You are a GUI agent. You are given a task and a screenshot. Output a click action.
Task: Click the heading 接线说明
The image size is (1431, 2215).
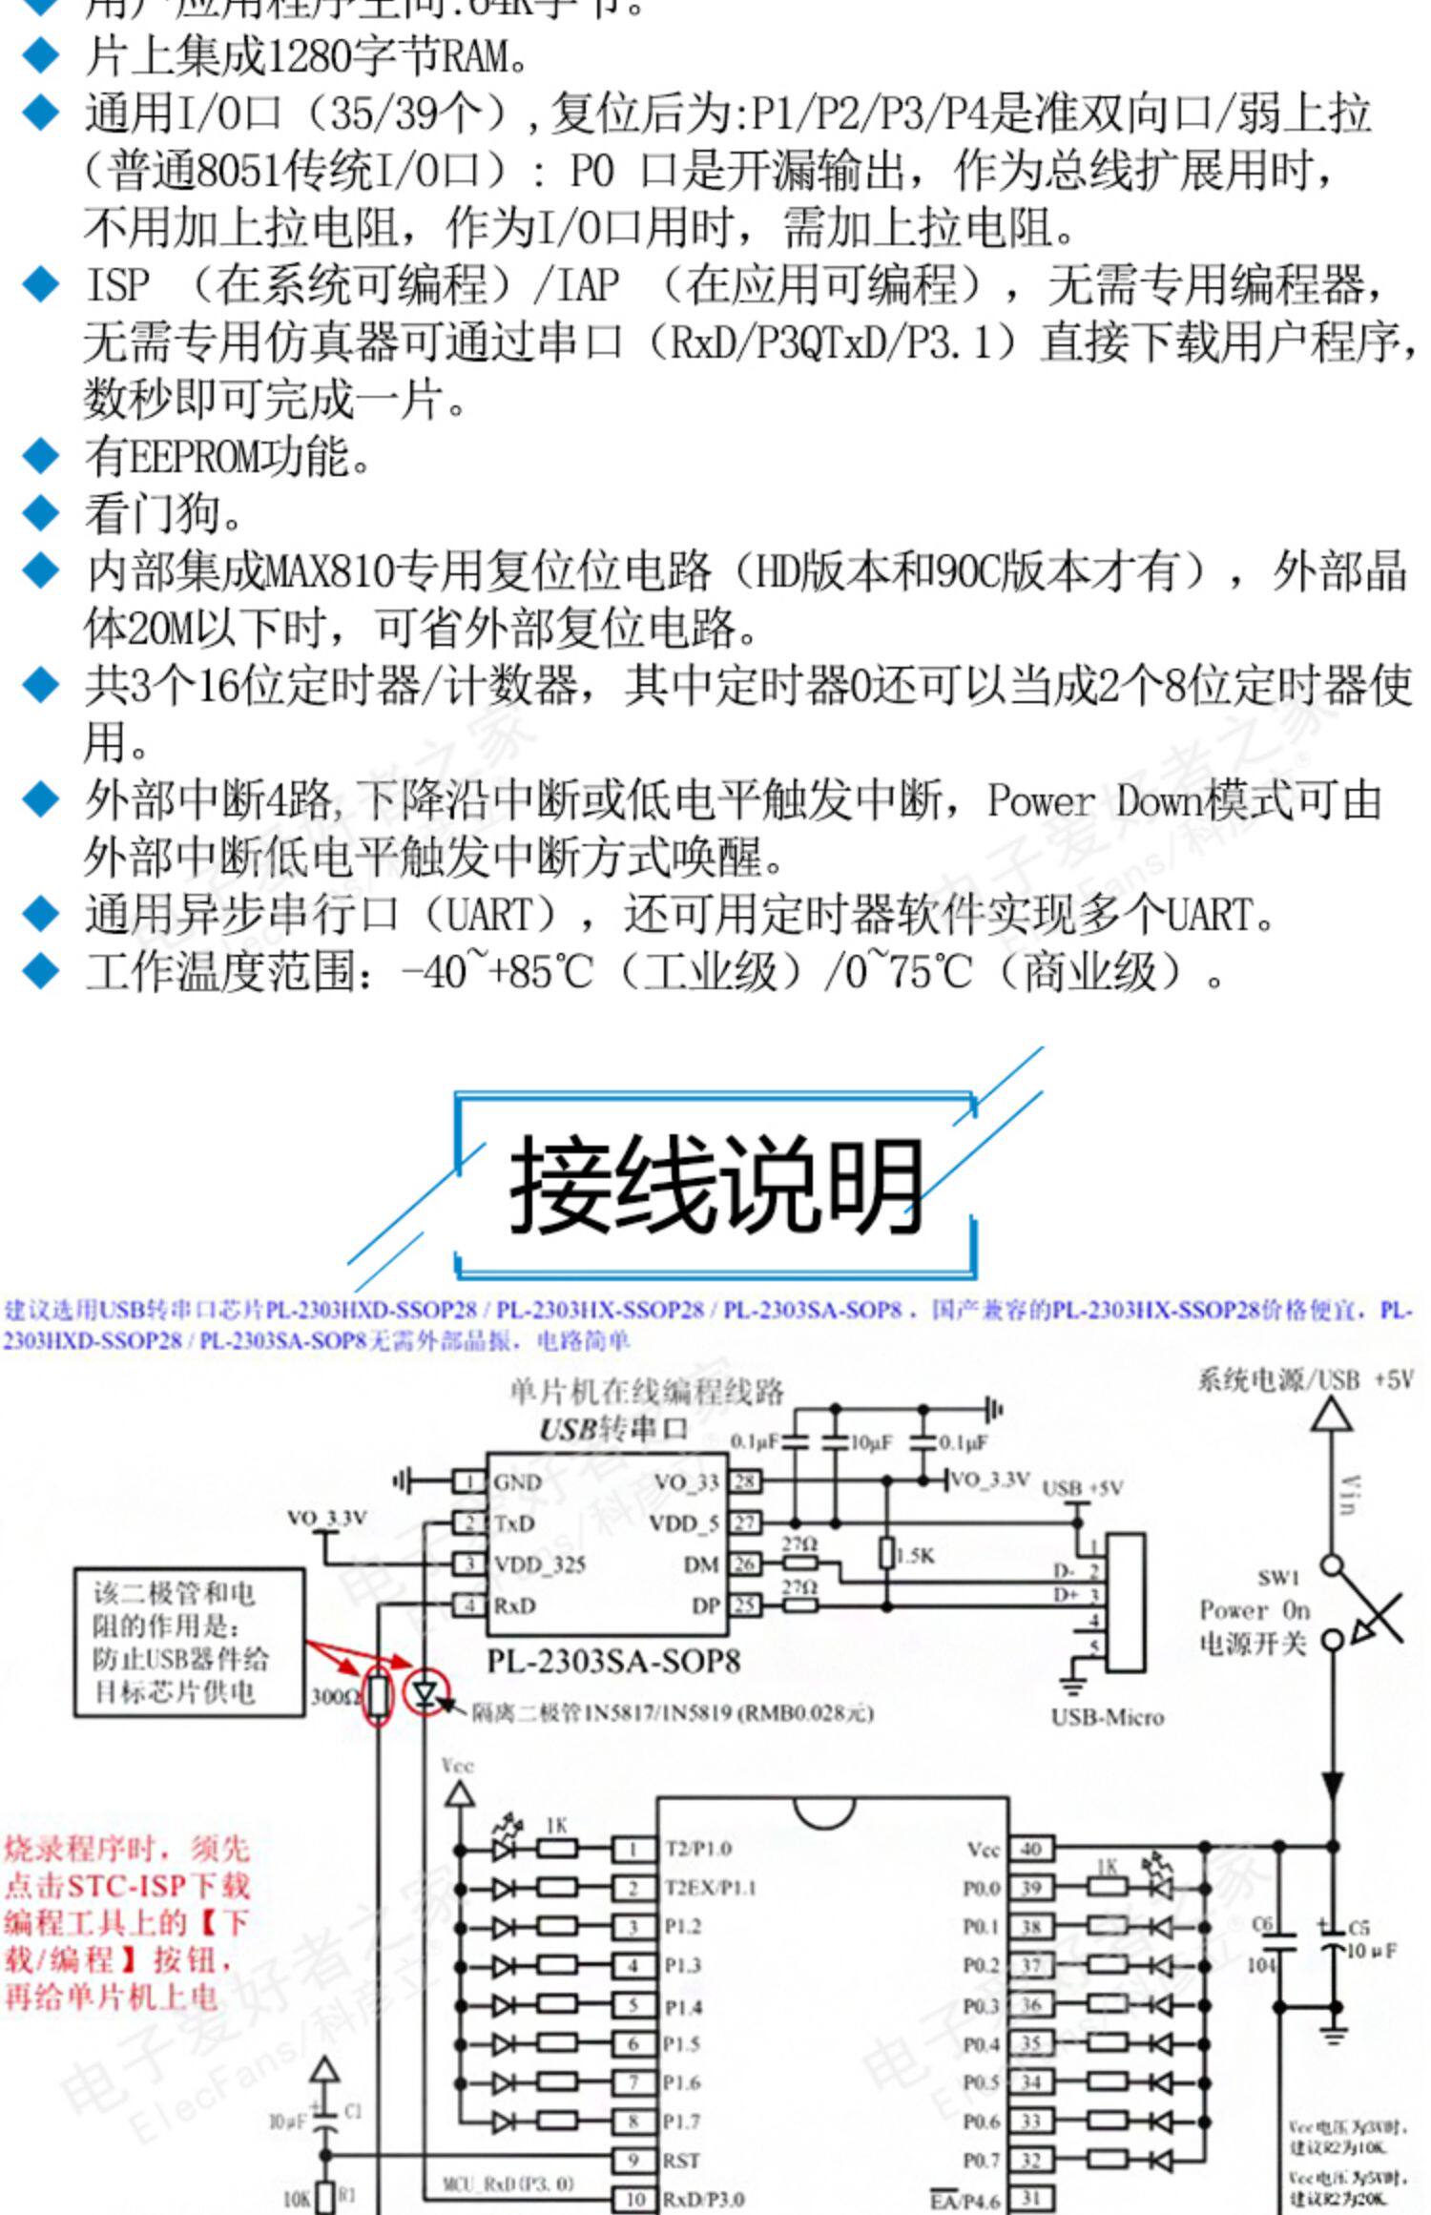pos(715,1186)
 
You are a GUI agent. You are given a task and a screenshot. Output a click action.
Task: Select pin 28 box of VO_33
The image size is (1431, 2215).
pos(744,1481)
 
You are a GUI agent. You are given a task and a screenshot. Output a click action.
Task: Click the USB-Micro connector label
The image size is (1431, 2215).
pos(1107,1717)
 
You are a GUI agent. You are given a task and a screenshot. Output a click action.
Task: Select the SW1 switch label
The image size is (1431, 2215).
pos(1277,1578)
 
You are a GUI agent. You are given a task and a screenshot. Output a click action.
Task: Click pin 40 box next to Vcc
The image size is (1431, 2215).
pos(1031,1849)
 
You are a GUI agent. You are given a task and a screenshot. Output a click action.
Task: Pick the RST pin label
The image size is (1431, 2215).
pos(682,2161)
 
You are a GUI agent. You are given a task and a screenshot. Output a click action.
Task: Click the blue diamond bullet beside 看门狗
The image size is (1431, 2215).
pos(40,513)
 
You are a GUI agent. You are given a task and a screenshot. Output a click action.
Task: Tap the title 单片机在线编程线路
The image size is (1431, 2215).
pos(646,1392)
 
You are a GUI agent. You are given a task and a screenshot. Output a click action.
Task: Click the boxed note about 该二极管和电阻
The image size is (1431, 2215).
pos(190,1642)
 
